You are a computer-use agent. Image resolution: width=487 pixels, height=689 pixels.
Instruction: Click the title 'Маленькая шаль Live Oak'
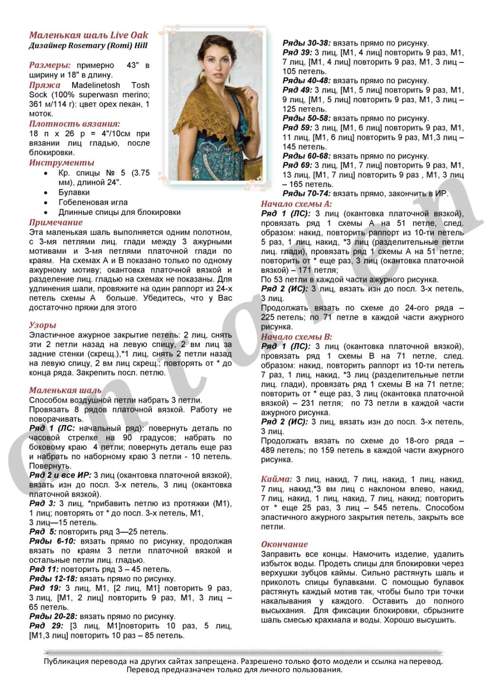tap(89, 35)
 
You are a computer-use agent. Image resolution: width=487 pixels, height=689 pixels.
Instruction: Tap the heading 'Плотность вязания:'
tap(75, 124)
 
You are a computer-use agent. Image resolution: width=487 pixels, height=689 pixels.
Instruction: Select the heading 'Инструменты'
tap(61, 163)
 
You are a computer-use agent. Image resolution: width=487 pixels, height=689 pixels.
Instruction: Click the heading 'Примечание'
tap(56, 223)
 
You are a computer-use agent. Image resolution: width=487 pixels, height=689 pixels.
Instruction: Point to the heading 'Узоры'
tap(42, 325)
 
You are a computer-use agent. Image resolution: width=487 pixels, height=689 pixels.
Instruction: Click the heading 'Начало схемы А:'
tap(296, 204)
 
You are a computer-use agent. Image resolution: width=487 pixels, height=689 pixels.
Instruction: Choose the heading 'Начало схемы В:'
tap(296, 336)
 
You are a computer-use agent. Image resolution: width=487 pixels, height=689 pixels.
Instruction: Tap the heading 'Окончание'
tap(284, 544)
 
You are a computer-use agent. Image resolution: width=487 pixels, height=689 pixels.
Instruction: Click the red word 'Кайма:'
tap(276, 479)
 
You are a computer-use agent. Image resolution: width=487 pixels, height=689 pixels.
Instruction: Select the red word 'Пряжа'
tap(45, 85)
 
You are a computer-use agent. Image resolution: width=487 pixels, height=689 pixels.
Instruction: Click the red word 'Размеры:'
tap(50, 65)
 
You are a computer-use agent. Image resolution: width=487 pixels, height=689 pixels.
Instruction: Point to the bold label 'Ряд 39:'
tap(297, 53)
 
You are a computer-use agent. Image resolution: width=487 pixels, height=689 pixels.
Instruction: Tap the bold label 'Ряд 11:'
tap(44, 569)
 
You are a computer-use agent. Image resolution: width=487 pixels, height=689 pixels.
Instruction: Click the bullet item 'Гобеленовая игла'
tap(93, 202)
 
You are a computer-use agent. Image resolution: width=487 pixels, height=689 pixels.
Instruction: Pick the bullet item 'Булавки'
tap(74, 192)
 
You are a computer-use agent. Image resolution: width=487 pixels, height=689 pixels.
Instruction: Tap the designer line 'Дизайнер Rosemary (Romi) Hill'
tap(88, 46)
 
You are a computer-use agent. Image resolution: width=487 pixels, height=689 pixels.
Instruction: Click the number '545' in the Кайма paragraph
tap(377, 508)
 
